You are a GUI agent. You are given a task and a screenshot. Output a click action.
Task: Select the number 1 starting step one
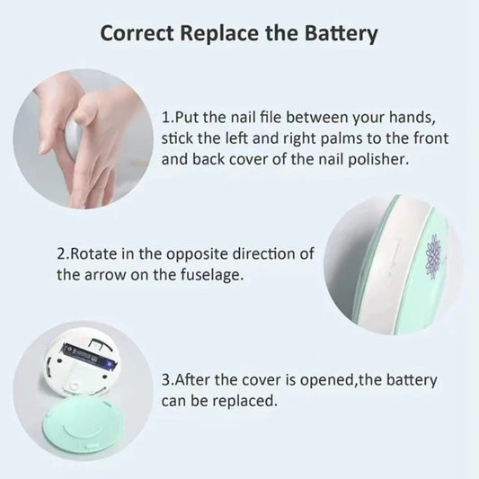coord(166,119)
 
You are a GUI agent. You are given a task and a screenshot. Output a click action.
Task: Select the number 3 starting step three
coord(166,380)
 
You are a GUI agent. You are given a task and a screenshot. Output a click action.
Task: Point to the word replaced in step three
coord(242,401)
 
